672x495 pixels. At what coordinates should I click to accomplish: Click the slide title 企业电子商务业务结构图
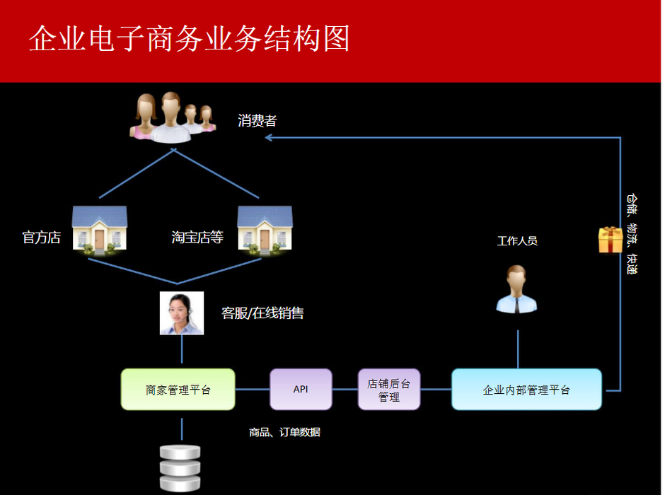click(189, 40)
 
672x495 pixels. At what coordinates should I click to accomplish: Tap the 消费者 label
click(257, 121)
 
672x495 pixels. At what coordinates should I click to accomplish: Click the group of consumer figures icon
click(173, 116)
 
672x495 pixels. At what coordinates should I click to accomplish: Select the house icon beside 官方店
click(100, 230)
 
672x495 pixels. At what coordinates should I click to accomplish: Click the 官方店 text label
click(42, 238)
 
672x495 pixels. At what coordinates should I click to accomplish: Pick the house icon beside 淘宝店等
click(265, 230)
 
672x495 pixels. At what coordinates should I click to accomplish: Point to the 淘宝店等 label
click(197, 238)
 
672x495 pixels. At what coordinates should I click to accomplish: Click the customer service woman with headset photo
click(182, 313)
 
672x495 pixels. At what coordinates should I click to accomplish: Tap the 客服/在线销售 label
click(262, 313)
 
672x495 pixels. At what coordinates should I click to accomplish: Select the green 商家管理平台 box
click(178, 389)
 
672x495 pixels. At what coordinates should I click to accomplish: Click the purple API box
click(301, 389)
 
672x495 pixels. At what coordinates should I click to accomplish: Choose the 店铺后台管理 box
click(389, 390)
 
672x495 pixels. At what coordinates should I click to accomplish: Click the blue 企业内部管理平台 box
click(526, 389)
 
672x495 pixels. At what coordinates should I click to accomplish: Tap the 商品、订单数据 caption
click(284, 432)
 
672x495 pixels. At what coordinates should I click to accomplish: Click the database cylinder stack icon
click(180, 467)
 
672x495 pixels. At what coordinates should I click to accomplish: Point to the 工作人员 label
click(517, 241)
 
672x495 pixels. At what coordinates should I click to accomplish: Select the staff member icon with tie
click(516, 289)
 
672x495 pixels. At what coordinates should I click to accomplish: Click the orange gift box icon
click(610, 240)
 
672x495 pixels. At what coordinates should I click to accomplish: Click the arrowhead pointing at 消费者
click(270, 138)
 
